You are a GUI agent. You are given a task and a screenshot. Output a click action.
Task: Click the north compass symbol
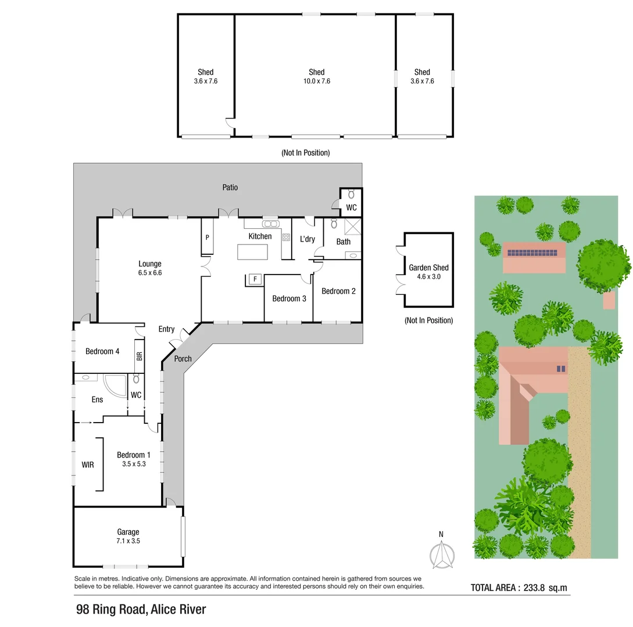pos(442,554)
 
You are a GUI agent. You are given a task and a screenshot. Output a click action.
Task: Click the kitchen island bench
pos(253,253)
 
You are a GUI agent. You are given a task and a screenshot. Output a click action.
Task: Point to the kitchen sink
pos(270,224)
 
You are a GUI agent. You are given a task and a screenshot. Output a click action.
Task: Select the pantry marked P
pos(207,237)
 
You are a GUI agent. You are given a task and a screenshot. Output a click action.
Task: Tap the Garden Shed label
pos(428,268)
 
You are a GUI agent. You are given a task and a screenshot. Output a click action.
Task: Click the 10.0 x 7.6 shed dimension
pos(317,81)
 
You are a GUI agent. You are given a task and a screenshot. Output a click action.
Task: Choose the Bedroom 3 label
pos(289,298)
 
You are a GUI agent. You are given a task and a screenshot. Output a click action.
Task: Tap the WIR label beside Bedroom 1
pos(88,465)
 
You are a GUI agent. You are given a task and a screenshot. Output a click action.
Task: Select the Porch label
pos(183,359)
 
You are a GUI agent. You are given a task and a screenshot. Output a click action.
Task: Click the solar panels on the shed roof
pos(534,253)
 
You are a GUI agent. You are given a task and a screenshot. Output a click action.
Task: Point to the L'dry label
pos(307,239)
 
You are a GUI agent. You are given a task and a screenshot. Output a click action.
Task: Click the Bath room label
pos(344,242)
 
